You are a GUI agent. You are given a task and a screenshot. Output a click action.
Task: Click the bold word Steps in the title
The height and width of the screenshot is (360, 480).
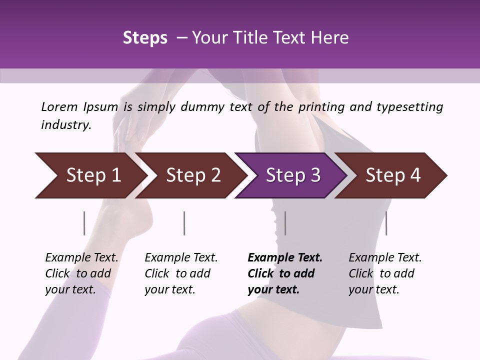(145, 38)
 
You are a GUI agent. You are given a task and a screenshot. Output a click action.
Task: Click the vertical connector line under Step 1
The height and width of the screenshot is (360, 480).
(84, 223)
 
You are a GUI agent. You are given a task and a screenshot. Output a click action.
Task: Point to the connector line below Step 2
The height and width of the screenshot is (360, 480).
(184, 223)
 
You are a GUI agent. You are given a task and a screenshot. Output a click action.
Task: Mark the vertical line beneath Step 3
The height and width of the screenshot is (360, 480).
(285, 223)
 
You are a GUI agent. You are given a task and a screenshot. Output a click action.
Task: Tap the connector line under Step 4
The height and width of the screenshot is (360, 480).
(386, 223)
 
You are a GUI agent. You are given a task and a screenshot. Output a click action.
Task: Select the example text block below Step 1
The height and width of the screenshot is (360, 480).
(81, 273)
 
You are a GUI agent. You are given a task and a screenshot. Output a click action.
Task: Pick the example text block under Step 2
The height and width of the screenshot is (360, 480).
(181, 273)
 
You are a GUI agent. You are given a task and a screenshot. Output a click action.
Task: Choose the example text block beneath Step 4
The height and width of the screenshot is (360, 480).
(385, 273)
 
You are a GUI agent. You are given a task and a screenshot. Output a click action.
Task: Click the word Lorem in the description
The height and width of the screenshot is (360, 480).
(59, 106)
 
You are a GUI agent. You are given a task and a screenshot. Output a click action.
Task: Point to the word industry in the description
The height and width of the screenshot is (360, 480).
(66, 125)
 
